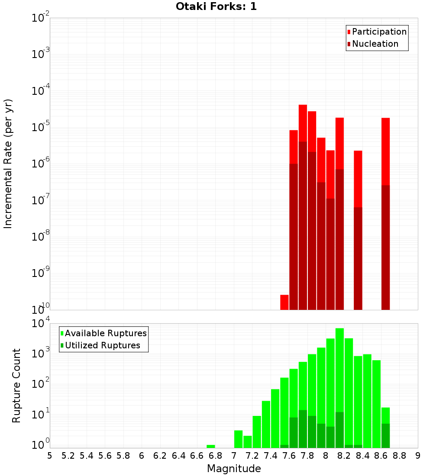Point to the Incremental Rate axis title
tap(8, 164)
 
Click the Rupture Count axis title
tap(16, 386)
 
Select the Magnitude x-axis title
tap(234, 469)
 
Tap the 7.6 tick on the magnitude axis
tap(289, 456)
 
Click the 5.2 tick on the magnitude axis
tap(68, 456)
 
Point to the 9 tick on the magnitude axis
tap(418, 456)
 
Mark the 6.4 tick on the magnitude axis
tap(179, 456)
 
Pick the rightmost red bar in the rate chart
tap(385, 151)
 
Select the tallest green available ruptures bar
tap(339, 368)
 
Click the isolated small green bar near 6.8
tap(211, 446)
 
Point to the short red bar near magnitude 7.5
tap(284, 302)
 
